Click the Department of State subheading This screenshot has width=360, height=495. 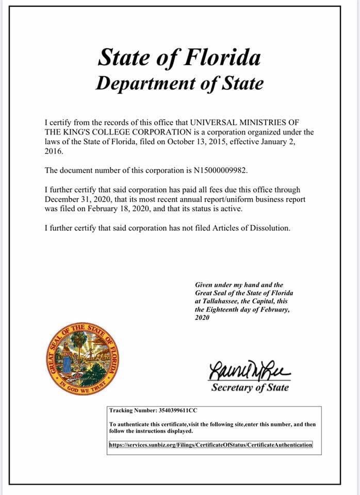tap(179, 84)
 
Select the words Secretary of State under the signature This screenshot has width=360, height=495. tap(250, 388)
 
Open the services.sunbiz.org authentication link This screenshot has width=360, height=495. tap(211, 444)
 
